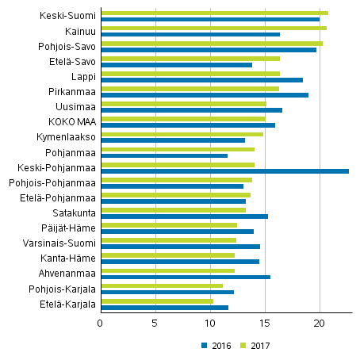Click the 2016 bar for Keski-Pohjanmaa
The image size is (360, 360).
pos(224,170)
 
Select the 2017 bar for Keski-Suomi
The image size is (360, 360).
pos(214,13)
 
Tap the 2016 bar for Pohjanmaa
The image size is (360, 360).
pos(164,155)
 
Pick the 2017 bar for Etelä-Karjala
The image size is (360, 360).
pos(157,301)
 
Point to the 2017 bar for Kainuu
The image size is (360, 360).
pos(213,28)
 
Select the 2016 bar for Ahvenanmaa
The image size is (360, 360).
pos(186,277)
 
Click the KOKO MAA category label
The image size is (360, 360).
pos(73,121)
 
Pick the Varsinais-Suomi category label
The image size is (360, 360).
pos(63,243)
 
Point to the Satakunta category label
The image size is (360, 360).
pos(75,213)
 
